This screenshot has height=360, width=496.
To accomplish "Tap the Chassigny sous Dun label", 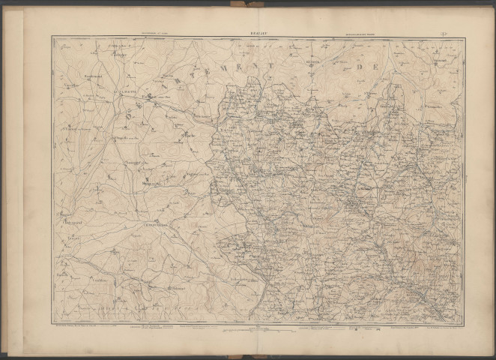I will click(133, 162).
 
